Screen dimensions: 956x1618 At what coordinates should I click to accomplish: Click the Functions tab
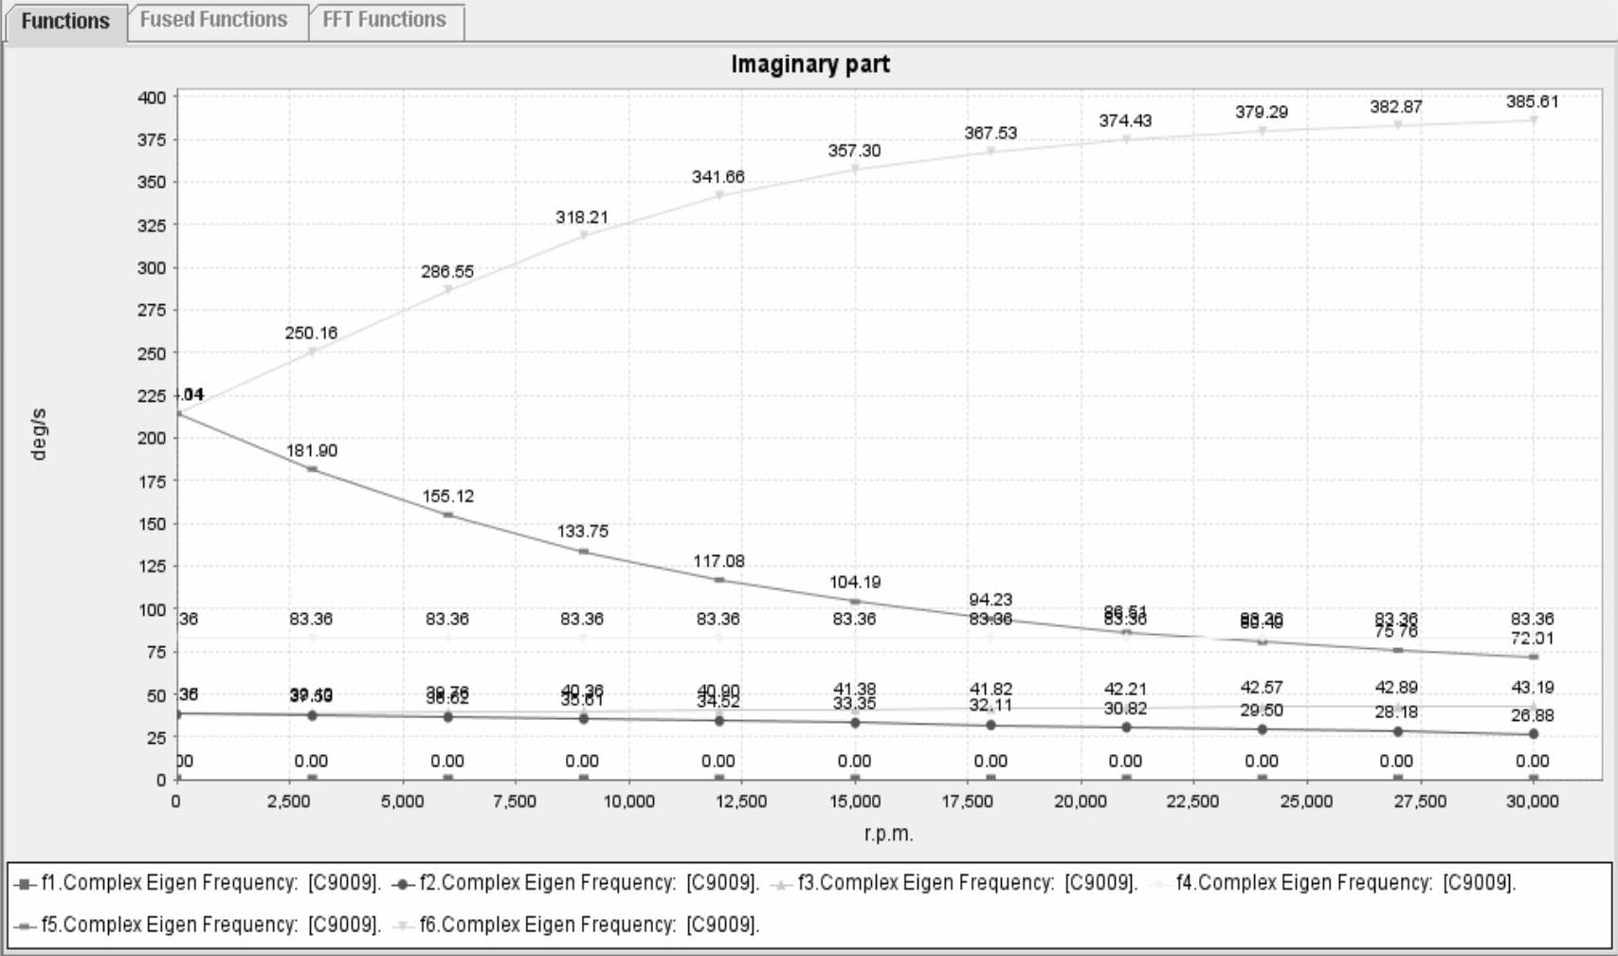(x=64, y=21)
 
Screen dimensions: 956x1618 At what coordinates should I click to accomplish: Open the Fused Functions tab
(x=213, y=20)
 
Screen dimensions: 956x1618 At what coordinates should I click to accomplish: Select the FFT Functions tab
(x=384, y=20)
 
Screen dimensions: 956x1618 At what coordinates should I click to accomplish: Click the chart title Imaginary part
(x=810, y=64)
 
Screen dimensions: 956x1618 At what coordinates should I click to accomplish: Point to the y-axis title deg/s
(x=38, y=435)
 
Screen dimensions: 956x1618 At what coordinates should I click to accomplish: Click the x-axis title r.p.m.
(x=888, y=835)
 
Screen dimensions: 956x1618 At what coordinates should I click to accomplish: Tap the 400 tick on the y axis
(x=151, y=98)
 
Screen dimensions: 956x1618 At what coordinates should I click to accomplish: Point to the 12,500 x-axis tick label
(x=740, y=802)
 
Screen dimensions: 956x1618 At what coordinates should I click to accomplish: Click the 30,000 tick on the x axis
(x=1532, y=802)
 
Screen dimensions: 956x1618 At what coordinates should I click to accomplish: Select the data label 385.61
(x=1532, y=101)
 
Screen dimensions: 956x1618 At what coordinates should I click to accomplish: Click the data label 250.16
(x=311, y=333)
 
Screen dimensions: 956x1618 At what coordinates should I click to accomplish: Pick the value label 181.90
(x=311, y=450)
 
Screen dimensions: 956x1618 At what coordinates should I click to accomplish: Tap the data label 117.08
(x=718, y=561)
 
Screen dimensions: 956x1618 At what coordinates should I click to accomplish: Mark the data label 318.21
(x=582, y=217)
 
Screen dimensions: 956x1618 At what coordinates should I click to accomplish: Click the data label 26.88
(x=1532, y=715)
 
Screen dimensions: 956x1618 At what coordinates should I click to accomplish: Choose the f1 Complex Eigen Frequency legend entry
(x=199, y=883)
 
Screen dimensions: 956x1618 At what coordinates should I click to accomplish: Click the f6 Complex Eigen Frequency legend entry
(x=578, y=925)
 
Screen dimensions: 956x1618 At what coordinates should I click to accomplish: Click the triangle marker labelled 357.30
(x=855, y=170)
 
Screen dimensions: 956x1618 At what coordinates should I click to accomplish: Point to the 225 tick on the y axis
(x=151, y=396)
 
